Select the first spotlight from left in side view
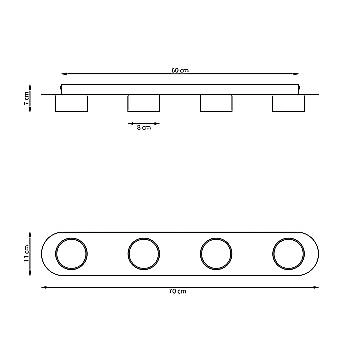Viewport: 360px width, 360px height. tap(71, 104)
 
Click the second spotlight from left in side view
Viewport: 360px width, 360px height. tap(144, 104)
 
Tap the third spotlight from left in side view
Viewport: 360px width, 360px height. tap(216, 104)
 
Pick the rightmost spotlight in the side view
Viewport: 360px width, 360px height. tap(288, 104)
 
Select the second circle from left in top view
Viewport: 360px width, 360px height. tap(144, 254)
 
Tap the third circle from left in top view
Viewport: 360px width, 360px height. tap(216, 254)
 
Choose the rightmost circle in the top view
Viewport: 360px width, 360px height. tap(289, 254)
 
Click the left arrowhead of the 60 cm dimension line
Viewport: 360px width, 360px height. tap(63, 73)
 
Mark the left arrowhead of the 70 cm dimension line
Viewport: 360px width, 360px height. tap(44, 287)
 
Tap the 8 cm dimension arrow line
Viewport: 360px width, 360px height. tap(144, 121)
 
